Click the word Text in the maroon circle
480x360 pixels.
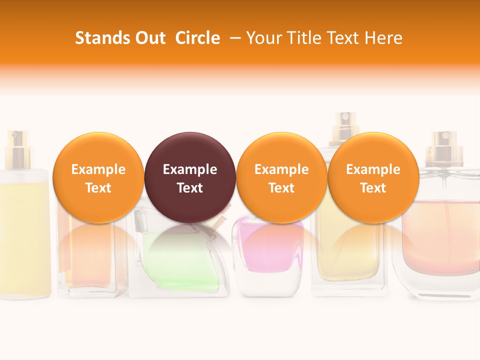tap(190, 188)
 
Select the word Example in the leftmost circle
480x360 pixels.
tap(98, 169)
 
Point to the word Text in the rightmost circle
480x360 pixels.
tap(373, 188)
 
